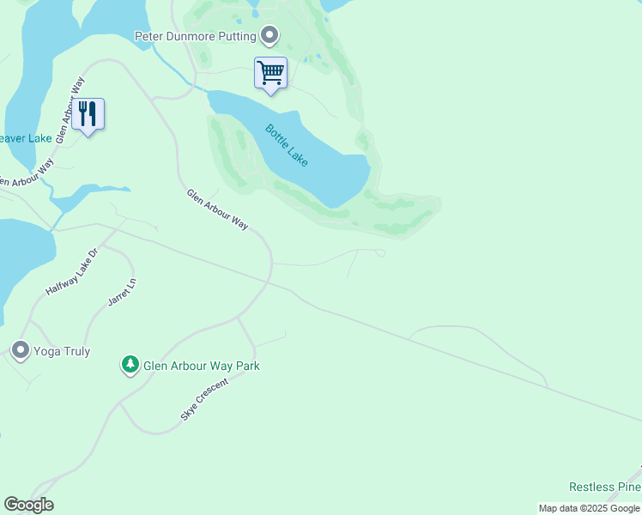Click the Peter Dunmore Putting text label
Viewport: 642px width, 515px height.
click(195, 36)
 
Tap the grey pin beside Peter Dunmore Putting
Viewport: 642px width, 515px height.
click(270, 36)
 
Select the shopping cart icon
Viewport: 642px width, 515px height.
click(270, 73)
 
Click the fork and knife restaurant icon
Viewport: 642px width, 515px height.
click(88, 114)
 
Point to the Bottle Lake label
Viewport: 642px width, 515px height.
click(287, 145)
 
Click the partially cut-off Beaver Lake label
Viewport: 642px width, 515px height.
click(26, 137)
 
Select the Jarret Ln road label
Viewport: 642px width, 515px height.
click(122, 293)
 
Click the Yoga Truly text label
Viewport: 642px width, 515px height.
click(62, 351)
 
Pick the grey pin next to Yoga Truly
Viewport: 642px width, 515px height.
click(20, 350)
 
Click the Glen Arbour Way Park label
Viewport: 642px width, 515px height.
click(202, 366)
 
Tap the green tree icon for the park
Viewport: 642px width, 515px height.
click(130, 366)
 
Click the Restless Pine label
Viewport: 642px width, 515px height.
click(605, 488)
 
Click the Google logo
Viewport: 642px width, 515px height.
click(28, 505)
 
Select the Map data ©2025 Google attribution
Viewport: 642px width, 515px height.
click(589, 508)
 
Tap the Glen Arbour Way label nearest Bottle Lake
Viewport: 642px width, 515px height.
click(217, 209)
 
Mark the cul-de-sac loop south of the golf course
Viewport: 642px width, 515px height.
click(380, 252)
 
